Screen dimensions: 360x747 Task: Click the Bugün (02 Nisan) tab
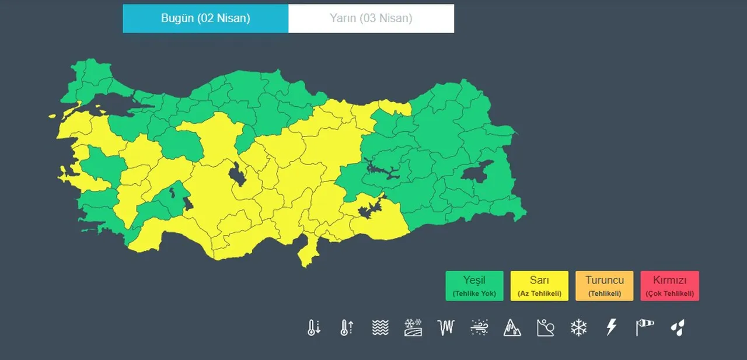(205, 19)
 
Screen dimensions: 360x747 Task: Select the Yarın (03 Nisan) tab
(371, 19)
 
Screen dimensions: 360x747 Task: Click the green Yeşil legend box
(474, 286)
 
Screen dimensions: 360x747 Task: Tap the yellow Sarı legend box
(539, 286)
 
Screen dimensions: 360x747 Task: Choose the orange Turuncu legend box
(604, 286)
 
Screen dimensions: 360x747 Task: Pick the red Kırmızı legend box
(669, 286)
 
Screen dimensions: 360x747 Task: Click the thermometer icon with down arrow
(314, 327)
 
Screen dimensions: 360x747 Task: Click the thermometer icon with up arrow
(347, 327)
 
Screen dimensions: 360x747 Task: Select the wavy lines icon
(380, 327)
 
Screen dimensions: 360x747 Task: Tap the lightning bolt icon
(611, 327)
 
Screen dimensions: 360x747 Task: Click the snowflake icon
(578, 327)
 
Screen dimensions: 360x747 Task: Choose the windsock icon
(644, 327)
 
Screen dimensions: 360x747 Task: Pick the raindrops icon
(678, 327)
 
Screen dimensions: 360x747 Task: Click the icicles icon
(446, 327)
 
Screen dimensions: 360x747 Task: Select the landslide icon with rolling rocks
(545, 327)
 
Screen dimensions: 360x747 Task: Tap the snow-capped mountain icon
(512, 327)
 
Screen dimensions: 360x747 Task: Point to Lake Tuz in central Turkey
(237, 174)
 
